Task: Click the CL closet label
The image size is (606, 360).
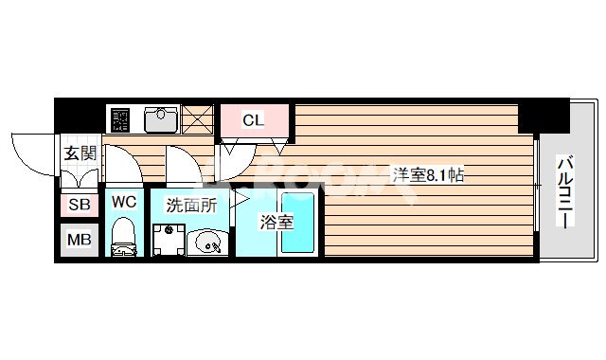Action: coord(253,120)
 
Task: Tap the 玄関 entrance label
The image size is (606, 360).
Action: coord(80,154)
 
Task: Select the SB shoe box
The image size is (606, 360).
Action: coord(79,204)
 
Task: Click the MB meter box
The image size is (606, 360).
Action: coord(79,239)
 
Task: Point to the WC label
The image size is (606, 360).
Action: coord(124,201)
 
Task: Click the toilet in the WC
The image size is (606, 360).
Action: coord(124,238)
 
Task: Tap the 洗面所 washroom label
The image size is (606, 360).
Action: coord(191,204)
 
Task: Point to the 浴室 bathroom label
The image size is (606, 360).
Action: coord(278,224)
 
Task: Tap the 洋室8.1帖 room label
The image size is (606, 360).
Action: coord(428,174)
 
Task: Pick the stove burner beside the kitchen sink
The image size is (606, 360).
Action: coord(120,120)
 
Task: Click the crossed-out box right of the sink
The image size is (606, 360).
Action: coord(199,119)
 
